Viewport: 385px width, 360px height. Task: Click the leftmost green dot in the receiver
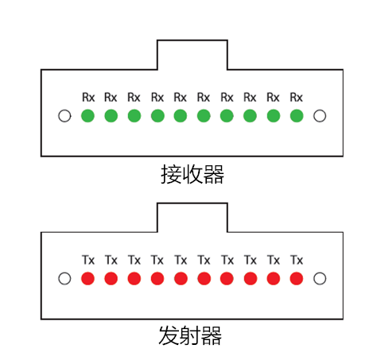(87, 116)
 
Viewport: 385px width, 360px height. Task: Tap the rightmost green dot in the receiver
(297, 116)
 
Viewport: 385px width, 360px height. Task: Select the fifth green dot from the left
(181, 116)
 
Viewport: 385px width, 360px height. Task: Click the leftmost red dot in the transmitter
(87, 278)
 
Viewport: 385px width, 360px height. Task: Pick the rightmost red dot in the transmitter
(297, 278)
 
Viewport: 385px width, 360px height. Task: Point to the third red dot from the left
(134, 278)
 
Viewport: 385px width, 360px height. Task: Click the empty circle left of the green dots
(64, 116)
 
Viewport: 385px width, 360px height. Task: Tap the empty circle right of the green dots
(320, 116)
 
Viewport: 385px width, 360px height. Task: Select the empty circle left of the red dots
(64, 278)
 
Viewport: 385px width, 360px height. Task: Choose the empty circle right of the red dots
(320, 278)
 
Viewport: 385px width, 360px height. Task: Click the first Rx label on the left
(88, 97)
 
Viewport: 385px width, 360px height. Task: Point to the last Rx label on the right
(296, 97)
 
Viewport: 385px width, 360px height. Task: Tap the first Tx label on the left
(88, 260)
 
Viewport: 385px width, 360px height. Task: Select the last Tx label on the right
(297, 260)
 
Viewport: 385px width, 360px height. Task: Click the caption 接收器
(192, 174)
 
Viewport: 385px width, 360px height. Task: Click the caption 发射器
(190, 335)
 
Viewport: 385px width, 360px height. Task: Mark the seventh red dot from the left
(227, 278)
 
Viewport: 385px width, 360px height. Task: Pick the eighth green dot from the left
(250, 116)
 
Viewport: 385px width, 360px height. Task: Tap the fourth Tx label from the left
(157, 260)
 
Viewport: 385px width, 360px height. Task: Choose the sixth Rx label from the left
(204, 97)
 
